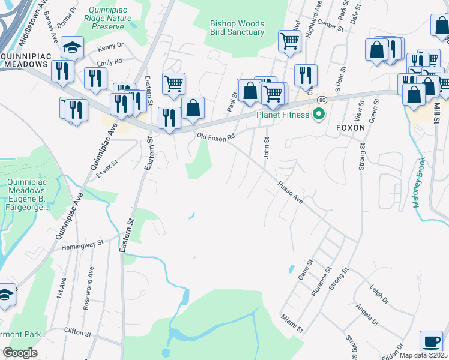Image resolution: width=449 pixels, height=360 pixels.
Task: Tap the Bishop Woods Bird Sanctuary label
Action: (237, 28)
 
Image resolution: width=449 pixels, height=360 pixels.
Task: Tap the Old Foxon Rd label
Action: (215, 137)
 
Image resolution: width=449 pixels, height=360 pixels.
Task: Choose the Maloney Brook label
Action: (418, 182)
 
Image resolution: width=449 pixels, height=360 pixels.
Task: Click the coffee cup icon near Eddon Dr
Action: (430, 341)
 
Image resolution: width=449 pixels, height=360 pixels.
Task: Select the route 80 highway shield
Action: (322, 100)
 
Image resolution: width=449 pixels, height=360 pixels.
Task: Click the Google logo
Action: (20, 353)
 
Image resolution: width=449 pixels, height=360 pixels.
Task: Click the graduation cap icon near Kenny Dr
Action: (72, 47)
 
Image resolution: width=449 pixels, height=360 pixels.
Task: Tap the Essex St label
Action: (107, 168)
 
